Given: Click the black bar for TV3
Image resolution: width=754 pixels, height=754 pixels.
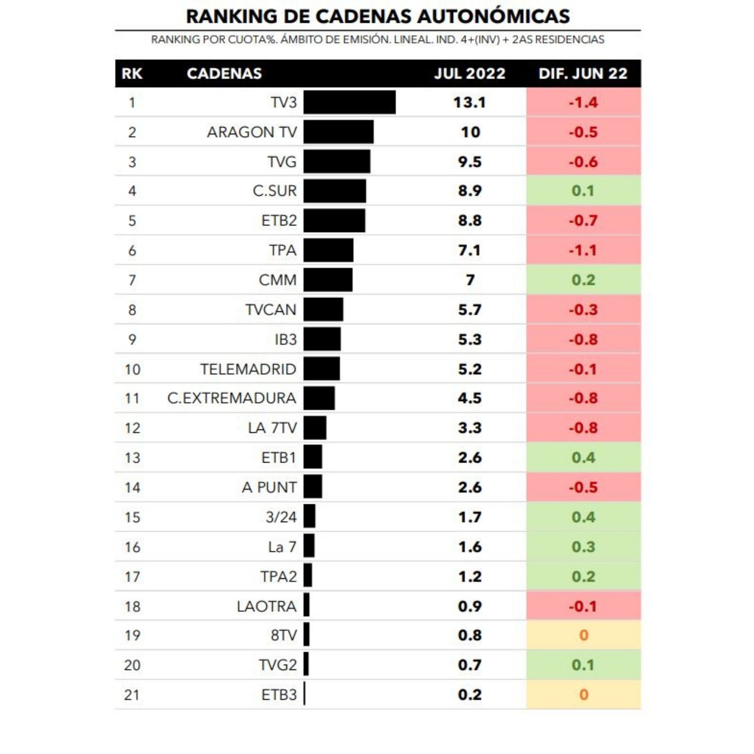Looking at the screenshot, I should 349,102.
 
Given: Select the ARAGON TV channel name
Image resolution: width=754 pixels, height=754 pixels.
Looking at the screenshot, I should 252,132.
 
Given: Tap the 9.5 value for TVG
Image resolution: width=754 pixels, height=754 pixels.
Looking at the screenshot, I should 469,162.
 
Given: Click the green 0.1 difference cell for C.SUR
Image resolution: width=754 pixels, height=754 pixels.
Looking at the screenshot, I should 583,191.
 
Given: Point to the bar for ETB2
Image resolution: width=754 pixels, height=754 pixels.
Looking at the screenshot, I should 334,221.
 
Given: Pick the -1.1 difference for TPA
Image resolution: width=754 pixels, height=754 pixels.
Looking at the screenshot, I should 583,250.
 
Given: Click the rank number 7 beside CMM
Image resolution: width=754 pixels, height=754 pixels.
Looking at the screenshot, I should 132,280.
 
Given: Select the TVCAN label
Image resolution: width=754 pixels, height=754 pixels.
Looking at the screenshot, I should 271,310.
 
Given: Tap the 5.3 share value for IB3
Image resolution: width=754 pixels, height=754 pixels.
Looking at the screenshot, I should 469,340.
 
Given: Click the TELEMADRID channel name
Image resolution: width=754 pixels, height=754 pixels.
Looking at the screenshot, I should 248,369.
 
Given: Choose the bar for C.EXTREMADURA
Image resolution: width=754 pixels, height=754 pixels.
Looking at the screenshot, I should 319,398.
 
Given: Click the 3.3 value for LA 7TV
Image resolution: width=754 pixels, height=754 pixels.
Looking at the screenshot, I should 469,428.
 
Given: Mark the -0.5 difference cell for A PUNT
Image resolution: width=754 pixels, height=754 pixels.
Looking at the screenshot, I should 583,487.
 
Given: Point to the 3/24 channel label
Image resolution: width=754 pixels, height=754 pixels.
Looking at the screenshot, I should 281,517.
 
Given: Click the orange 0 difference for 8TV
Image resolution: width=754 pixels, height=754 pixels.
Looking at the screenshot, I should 583,635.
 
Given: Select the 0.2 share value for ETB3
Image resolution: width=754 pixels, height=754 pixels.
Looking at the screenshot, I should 469,695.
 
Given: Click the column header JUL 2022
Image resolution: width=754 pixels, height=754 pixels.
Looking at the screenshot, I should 469,74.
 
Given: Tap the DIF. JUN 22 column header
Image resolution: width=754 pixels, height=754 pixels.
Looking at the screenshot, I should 583,74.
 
